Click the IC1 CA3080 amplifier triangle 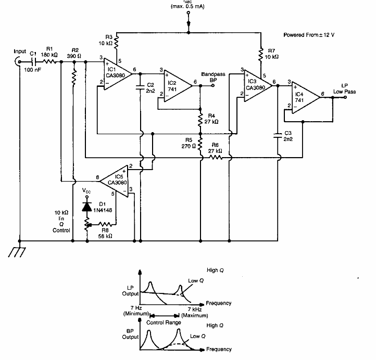115,75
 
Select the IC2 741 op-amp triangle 177,83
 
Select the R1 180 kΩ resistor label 48,50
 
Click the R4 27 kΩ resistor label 212,118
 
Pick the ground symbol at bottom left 19,252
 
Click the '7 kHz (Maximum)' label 194,313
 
